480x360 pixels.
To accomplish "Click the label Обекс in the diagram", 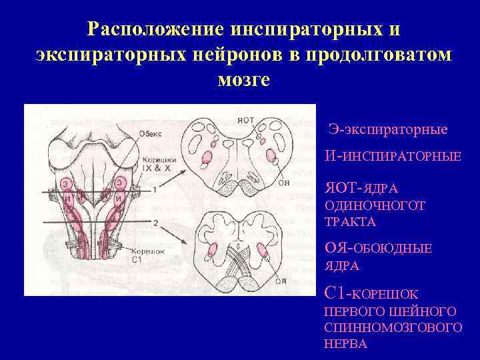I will [x=151, y=132].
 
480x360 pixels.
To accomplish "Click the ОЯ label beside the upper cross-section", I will [x=283, y=181].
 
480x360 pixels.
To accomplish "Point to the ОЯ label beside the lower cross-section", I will [x=281, y=281].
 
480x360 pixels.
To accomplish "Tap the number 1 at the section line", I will [x=154, y=190].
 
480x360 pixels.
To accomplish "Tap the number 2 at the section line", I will [x=155, y=221].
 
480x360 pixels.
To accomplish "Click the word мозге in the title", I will [x=243, y=80].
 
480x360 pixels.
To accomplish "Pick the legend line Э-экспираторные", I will [x=389, y=129].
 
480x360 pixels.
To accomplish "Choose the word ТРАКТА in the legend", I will [x=350, y=222].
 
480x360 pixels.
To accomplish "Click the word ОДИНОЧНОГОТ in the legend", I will [x=375, y=206].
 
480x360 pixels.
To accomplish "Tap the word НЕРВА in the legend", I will [x=345, y=344].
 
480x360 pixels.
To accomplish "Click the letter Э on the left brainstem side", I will [x=65, y=183].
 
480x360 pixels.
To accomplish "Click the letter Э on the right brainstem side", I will [x=119, y=181].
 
